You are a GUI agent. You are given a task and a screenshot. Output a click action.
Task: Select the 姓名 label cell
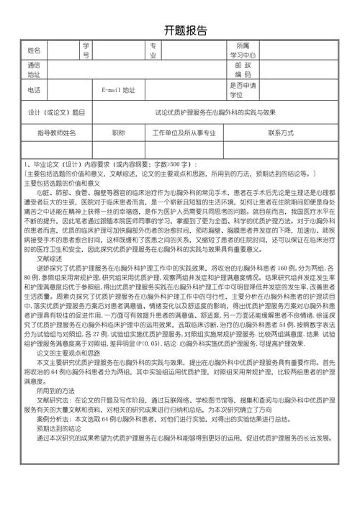pyautogui.click(x=35, y=50)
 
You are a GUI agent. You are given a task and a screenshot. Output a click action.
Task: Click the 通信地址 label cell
pyautogui.click(x=35, y=70)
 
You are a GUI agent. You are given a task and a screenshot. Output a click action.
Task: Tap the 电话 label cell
pyautogui.click(x=35, y=90)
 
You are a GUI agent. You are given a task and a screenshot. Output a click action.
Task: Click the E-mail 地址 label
pyautogui.click(x=119, y=90)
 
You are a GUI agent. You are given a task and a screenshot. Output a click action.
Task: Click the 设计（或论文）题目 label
pyautogui.click(x=56, y=113)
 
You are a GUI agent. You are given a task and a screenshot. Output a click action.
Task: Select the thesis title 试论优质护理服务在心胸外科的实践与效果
pyautogui.click(x=215, y=113)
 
